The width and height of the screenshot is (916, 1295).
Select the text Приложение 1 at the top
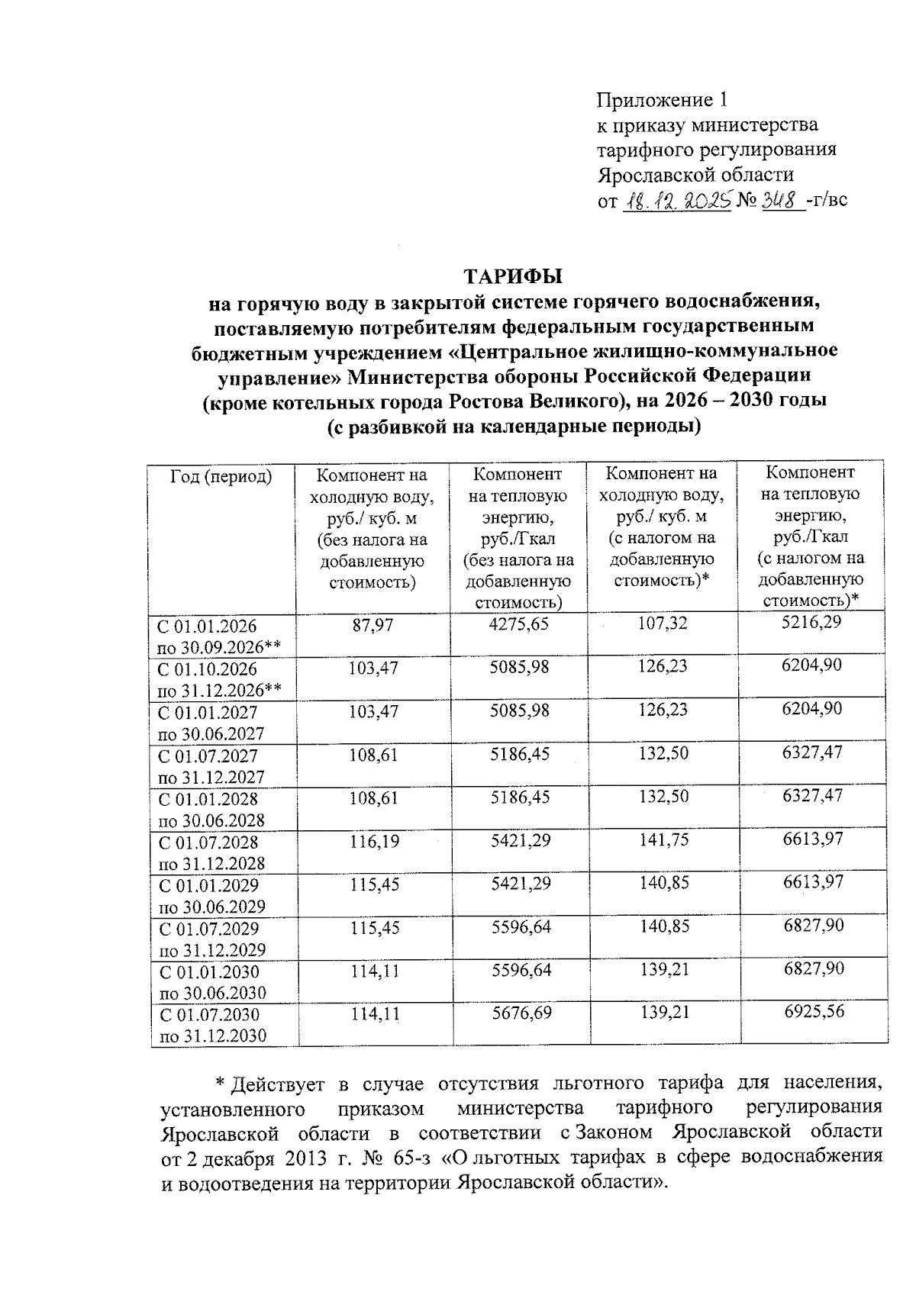pyautogui.click(x=662, y=100)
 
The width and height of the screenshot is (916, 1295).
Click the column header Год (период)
pyautogui.click(x=221, y=477)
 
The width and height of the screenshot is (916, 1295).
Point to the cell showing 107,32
pyautogui.click(x=662, y=623)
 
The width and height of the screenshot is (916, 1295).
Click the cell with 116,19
pyautogui.click(x=375, y=842)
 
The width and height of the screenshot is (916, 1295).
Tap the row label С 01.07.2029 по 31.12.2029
pyautogui.click(x=211, y=939)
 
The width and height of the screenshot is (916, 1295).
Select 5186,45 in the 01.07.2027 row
pyautogui.click(x=521, y=754)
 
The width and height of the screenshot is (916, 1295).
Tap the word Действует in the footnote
pyautogui.click(x=279, y=1084)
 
